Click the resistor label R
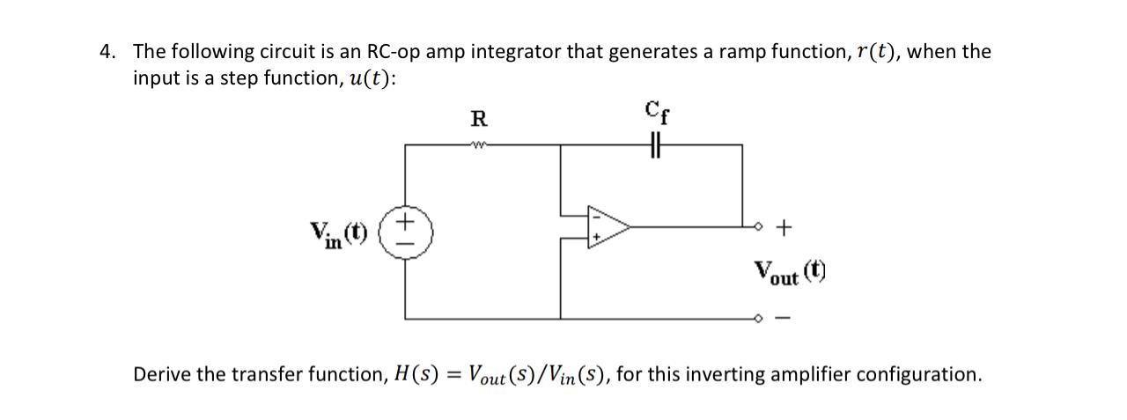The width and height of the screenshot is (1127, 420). (480, 118)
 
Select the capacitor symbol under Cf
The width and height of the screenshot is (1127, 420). (653, 146)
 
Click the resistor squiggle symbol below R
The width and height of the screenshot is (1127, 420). (480, 146)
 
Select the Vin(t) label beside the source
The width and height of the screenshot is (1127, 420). (338, 233)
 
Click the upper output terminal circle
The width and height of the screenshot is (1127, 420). (757, 228)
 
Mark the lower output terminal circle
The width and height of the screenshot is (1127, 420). (757, 319)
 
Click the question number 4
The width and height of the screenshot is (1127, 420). (107, 52)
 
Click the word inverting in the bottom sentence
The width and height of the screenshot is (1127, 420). (724, 375)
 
